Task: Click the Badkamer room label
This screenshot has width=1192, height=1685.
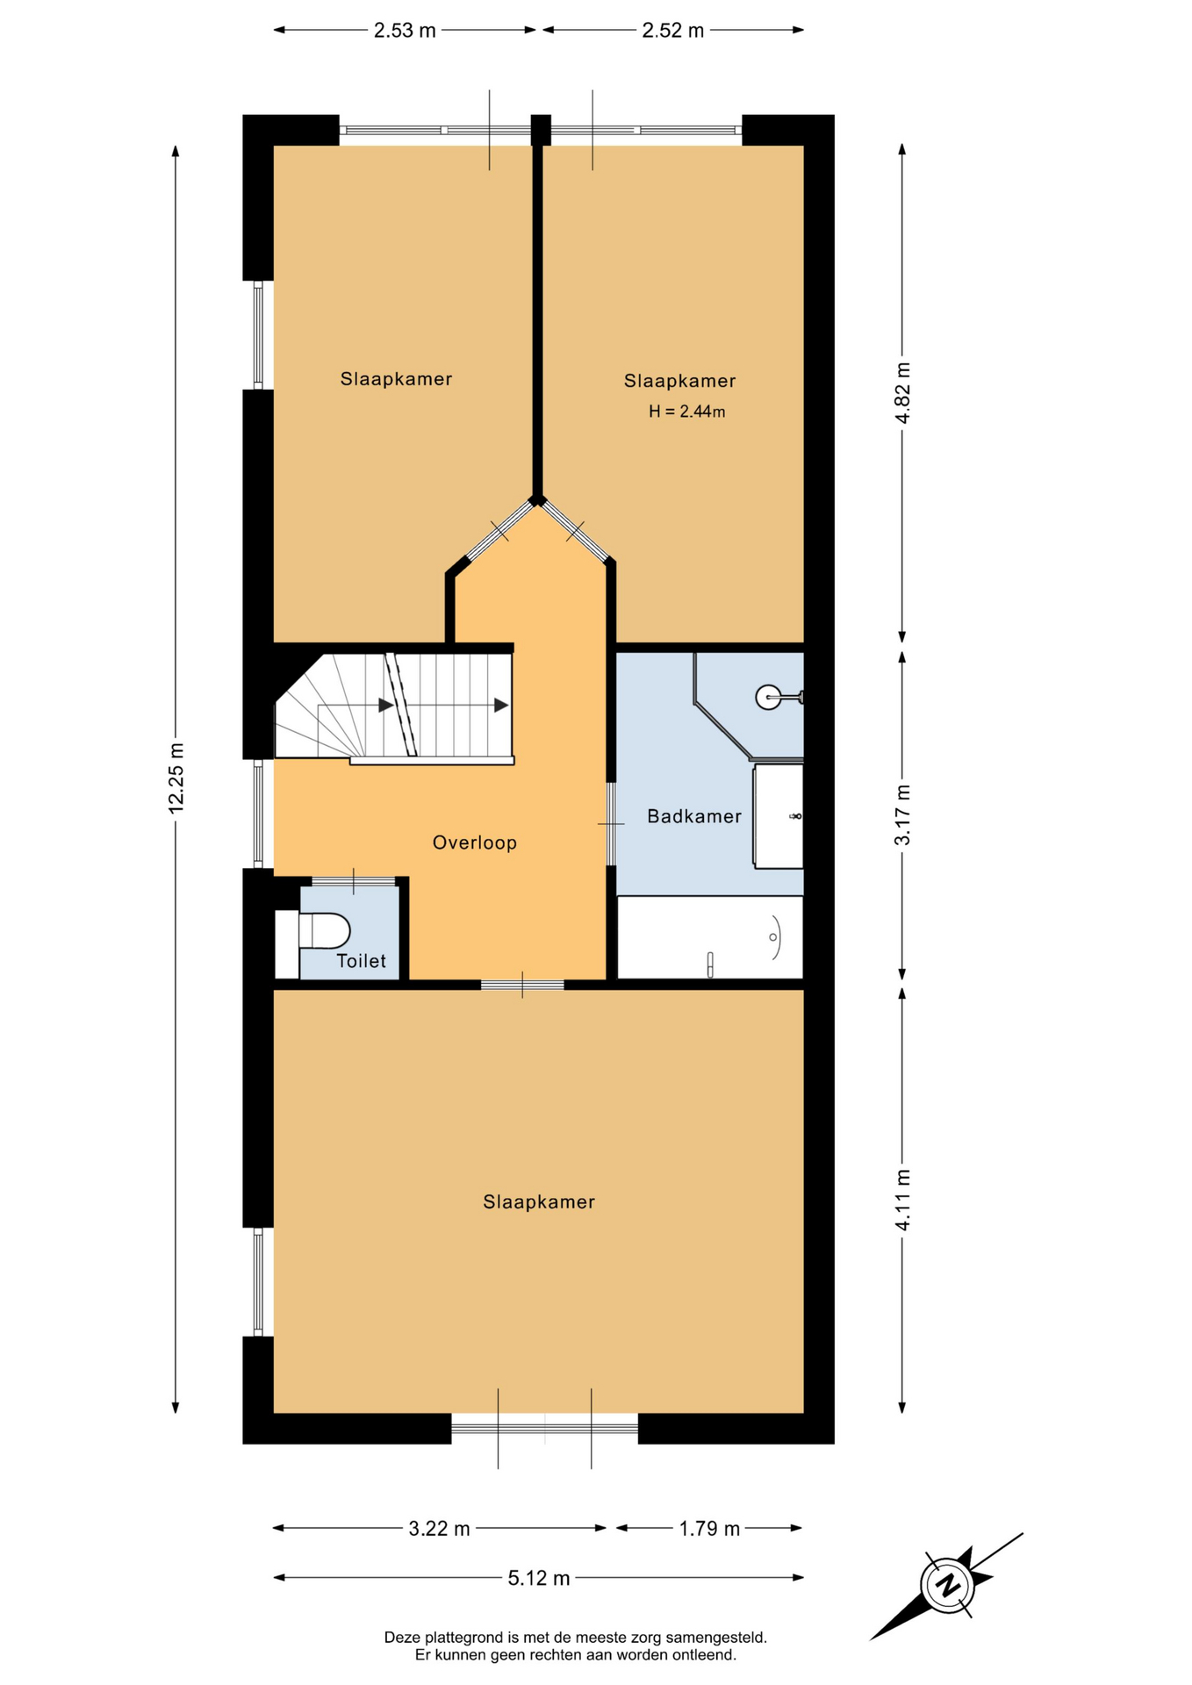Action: pos(693,816)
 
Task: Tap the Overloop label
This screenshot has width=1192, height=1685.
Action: pos(474,842)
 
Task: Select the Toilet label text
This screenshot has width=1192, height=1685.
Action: pos(361,961)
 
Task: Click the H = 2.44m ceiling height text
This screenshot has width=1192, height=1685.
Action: pos(686,411)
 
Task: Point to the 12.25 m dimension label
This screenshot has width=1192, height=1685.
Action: pos(176,778)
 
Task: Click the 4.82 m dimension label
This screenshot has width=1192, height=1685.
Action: pos(902,392)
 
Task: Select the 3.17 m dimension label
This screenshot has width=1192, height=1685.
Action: pos(902,815)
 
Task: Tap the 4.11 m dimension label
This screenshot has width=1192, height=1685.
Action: pos(902,1200)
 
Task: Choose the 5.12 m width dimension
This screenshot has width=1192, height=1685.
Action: pos(539,1578)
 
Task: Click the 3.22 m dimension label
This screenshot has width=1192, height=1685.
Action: pos(439,1529)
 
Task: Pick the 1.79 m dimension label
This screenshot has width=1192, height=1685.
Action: pos(709,1529)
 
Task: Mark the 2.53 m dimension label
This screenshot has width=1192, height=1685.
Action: pos(405,31)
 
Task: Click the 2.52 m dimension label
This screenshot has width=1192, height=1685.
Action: pos(673,31)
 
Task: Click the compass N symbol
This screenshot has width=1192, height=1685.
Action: pos(947,1586)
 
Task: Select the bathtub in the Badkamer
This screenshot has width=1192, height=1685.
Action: pos(710,936)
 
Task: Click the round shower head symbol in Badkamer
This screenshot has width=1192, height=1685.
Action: pos(768,698)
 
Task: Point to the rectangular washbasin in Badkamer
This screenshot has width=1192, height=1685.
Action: pos(779,816)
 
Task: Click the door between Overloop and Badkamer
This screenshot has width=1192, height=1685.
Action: pos(611,823)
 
